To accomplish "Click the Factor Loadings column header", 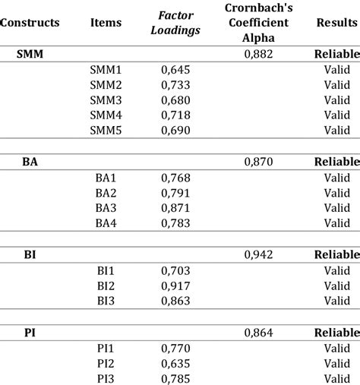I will [176, 23].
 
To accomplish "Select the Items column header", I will [106, 23].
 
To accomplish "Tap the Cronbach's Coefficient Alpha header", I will [260, 23].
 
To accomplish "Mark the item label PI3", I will [106, 377].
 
